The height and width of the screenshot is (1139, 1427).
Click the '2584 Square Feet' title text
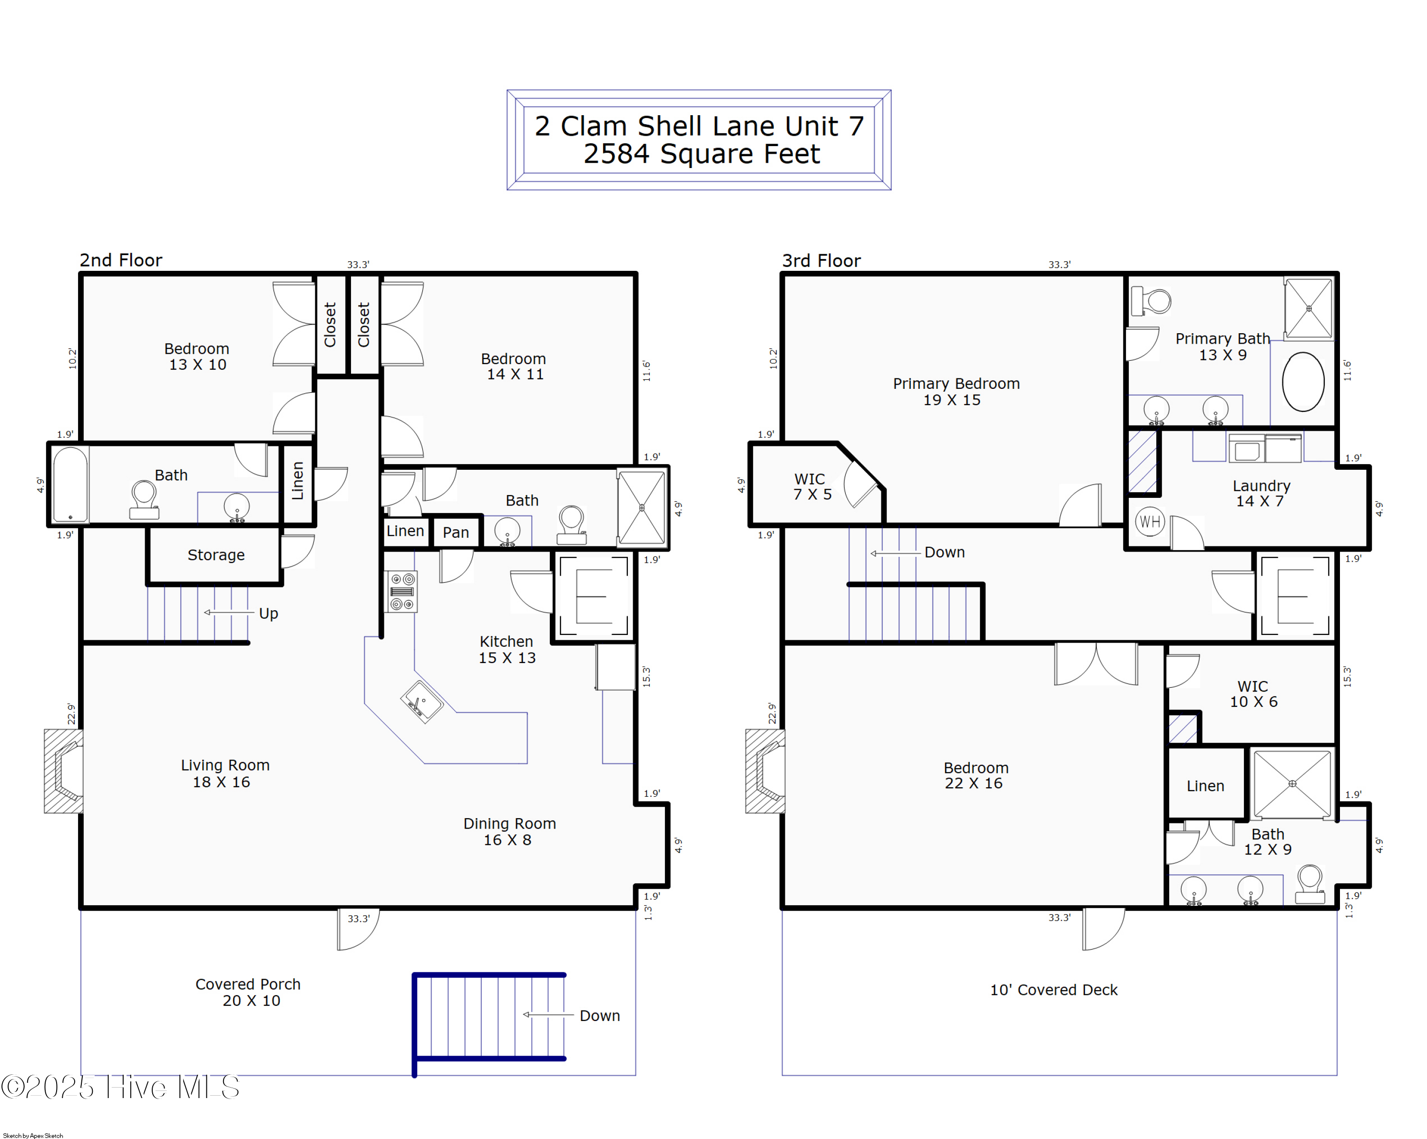[701, 154]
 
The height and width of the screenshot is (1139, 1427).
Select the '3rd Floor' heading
[821, 261]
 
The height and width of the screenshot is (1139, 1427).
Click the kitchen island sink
[421, 701]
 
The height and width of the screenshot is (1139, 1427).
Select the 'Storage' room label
[216, 555]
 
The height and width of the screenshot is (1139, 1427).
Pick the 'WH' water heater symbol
[1150, 522]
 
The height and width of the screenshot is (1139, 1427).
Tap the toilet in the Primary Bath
[1151, 301]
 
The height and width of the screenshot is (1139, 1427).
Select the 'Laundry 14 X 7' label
[1261, 494]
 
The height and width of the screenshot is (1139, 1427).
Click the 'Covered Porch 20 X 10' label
[248, 992]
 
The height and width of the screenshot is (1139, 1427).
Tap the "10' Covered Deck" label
[1053, 990]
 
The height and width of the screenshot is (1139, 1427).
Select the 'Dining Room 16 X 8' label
[509, 832]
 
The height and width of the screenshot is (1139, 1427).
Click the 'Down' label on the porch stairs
[600, 1016]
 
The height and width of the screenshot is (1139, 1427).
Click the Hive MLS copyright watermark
[120, 1087]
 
